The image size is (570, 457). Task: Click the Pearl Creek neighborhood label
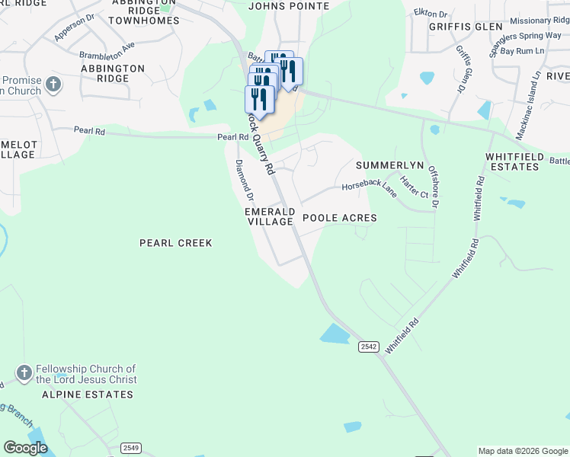click(175, 243)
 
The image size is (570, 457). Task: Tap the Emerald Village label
click(270, 216)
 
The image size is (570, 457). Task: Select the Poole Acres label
click(340, 218)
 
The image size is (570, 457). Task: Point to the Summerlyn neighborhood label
click(389, 165)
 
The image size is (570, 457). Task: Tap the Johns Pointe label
click(290, 6)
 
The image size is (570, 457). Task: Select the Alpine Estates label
click(88, 395)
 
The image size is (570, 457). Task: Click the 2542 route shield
click(369, 347)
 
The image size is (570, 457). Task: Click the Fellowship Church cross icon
click(24, 373)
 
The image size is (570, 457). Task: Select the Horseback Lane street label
click(369, 189)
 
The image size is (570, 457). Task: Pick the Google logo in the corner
click(26, 448)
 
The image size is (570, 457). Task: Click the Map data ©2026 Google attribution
click(522, 451)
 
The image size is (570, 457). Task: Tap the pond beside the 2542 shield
click(334, 334)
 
